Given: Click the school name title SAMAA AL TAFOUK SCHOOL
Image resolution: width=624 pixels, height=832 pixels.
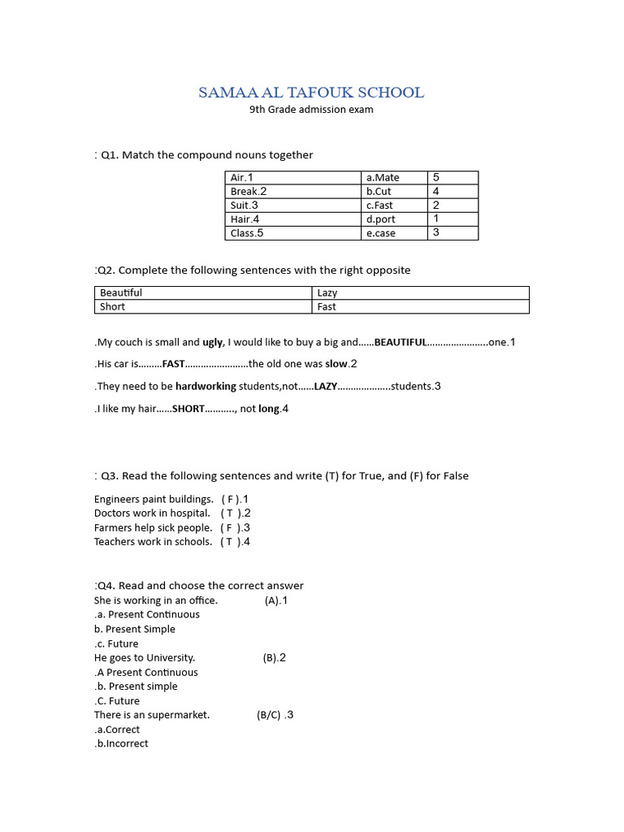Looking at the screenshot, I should pyautogui.click(x=311, y=93).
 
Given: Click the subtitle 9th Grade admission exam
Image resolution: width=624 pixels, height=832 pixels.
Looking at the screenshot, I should pyautogui.click(x=311, y=110).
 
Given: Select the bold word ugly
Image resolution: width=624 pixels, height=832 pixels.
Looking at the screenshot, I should pyautogui.click(x=213, y=342).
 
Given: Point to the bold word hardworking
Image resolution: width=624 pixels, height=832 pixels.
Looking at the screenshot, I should pyautogui.click(x=206, y=386).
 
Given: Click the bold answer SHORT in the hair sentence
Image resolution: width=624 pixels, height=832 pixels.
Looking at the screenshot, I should pyautogui.click(x=188, y=409).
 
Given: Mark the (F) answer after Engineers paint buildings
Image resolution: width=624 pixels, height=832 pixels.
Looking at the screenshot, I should pyautogui.click(x=228, y=499).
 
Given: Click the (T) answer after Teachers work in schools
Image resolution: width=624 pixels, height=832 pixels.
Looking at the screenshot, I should pyautogui.click(x=228, y=541).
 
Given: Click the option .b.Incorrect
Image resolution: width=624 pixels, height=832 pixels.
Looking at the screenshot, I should pyautogui.click(x=122, y=743).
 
